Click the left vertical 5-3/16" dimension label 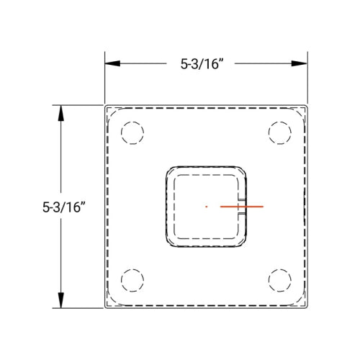(64, 207)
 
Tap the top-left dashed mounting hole (132, 133)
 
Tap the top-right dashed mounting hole (279, 133)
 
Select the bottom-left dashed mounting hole (132, 279)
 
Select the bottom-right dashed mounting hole (279, 279)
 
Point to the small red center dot (207, 207)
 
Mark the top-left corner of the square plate (106, 107)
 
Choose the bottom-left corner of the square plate (106, 308)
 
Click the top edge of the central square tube (206, 167)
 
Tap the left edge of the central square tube (167, 207)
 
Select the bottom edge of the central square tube (206, 246)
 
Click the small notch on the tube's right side (244, 207)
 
